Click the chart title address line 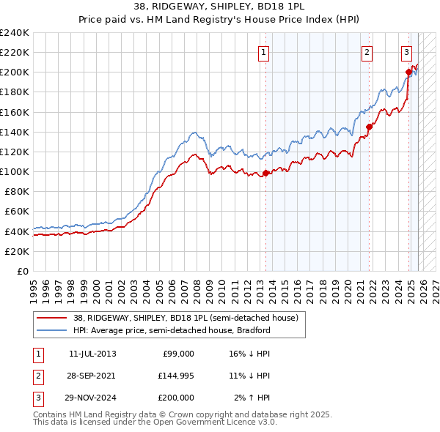(x=219, y=7)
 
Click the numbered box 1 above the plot (x=263, y=51)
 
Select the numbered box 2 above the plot (x=366, y=51)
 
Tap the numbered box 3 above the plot (x=406, y=51)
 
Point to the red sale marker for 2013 (x=265, y=173)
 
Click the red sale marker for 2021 (x=370, y=127)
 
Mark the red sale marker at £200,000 (x=409, y=72)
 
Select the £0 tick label (x=22, y=271)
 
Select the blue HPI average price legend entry (x=172, y=330)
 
